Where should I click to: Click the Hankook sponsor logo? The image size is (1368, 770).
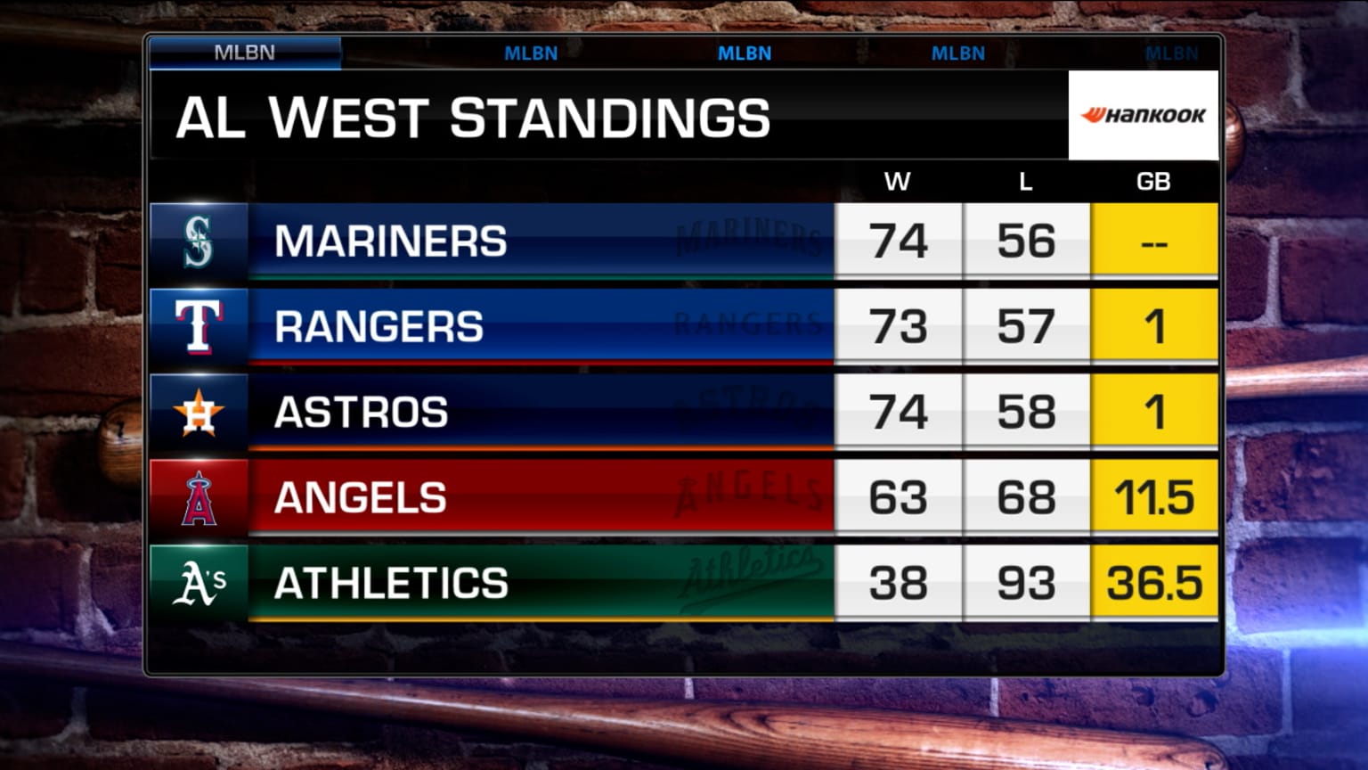pos(1143,115)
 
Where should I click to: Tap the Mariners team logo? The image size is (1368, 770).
pos(199,242)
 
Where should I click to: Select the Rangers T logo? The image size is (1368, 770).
pos(199,327)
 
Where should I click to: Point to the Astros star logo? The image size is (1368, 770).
pos(199,413)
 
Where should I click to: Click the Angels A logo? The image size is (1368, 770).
pos(199,498)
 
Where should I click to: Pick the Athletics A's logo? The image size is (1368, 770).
pos(199,584)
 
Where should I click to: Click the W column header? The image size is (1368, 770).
pos(897,182)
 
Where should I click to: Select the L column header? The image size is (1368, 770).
pos(1026,182)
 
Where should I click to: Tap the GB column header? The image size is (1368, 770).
pos(1153,182)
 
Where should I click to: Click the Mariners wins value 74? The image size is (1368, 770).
pos(899,242)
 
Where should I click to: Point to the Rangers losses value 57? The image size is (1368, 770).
pos(1026,327)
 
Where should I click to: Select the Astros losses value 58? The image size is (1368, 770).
pos(1026,413)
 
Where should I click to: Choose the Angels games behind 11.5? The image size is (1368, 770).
pos(1154,498)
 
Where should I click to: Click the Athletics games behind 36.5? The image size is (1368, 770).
pos(1154,584)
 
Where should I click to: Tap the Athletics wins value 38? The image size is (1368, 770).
pos(899,584)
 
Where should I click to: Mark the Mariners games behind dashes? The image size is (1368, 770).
pos(1154,243)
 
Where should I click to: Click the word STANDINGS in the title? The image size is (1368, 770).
pos(610,119)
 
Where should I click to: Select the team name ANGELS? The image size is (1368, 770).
pos(361,497)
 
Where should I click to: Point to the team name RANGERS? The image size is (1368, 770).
pos(379,326)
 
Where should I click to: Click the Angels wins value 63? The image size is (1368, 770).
pos(899,498)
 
